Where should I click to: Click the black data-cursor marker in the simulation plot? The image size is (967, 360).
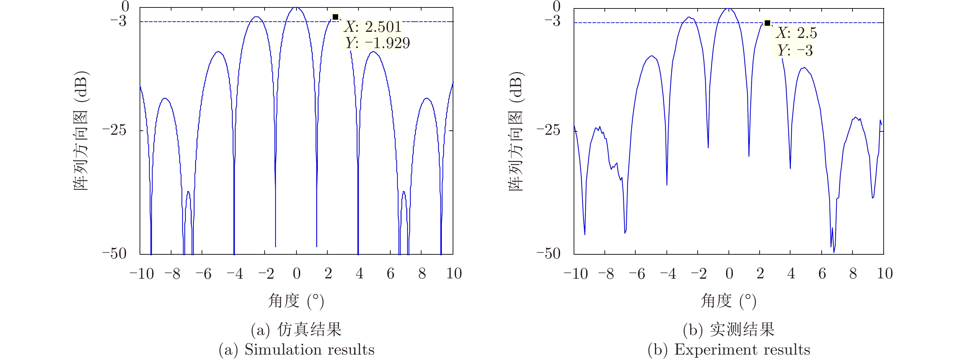pos(335,17)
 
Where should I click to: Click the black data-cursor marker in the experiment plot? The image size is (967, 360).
pos(767,23)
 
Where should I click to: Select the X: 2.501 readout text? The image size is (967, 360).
pos(373,27)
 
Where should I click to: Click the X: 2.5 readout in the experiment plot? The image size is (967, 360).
pos(796,33)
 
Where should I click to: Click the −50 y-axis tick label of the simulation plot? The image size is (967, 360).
pos(115,254)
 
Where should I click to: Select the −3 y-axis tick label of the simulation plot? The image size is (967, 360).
pos(118,21)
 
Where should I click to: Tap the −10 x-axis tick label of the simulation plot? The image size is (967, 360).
pos(142,274)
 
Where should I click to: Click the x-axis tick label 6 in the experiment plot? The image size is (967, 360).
pos(822,274)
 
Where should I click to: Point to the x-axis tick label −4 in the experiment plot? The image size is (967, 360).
pos(668,274)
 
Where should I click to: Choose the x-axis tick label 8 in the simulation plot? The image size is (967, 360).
pos(422,274)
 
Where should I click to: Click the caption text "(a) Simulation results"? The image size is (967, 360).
pos(296,350)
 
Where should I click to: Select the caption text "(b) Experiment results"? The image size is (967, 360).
pos(728,350)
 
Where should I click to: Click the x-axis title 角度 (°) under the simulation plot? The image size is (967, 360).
pos(296,301)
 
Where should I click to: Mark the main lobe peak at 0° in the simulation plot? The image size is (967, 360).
pos(296,7)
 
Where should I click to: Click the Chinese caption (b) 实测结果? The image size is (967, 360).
pos(728,330)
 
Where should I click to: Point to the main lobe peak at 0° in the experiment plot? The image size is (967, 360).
pos(728,8)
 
